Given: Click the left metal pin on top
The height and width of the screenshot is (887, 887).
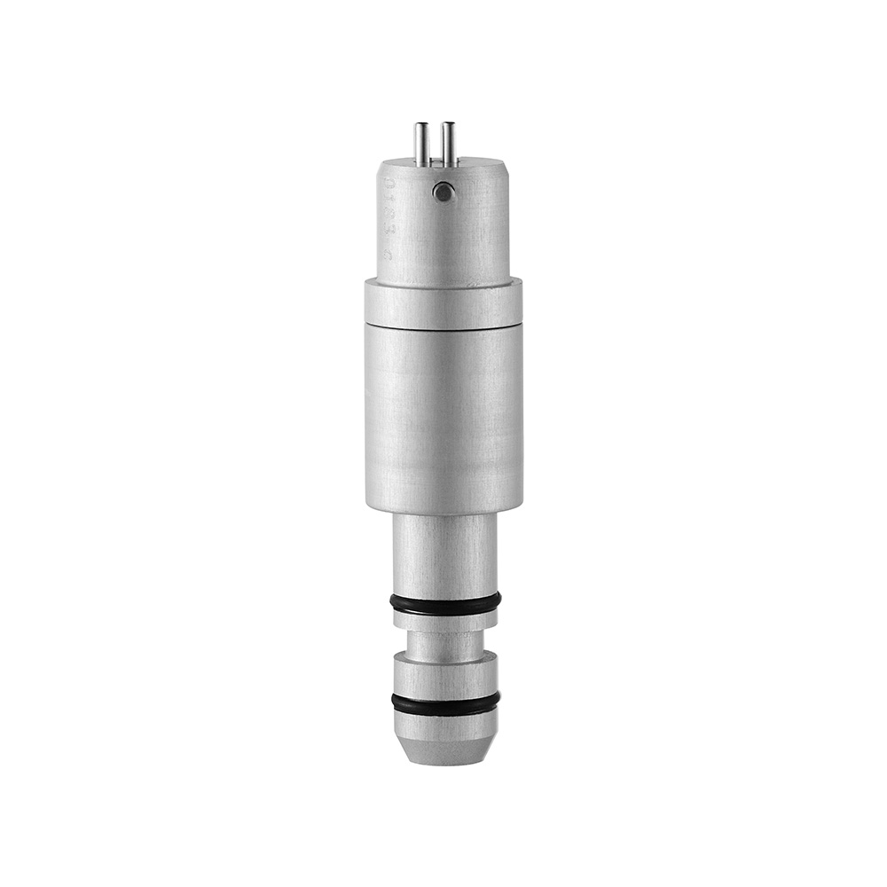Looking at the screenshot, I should point(420,145).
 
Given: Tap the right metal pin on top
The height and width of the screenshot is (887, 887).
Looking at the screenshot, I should point(449,145).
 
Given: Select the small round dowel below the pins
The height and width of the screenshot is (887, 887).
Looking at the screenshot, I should point(443,191).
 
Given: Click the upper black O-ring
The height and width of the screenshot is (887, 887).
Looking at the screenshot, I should point(445,604).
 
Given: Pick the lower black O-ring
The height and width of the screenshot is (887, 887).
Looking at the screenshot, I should point(445,703).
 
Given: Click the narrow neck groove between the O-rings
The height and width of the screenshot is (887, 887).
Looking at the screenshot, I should point(445,644).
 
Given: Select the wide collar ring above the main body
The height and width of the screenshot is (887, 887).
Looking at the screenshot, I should point(443,302).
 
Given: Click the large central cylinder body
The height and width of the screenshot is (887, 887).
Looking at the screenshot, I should point(443,417).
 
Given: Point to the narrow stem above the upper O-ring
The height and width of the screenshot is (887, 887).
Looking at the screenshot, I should point(445,554).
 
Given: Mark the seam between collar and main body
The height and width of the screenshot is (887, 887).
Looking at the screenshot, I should point(443,326).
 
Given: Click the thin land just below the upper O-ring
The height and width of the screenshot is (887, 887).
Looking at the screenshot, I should point(445,622).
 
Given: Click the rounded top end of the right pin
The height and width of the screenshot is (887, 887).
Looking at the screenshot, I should point(449,125).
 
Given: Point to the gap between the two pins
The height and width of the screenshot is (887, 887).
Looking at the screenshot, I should point(435,146).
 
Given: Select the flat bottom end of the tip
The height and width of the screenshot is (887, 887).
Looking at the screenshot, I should point(445,761).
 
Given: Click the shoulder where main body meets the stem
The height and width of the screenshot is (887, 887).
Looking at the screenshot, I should point(443,512).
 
